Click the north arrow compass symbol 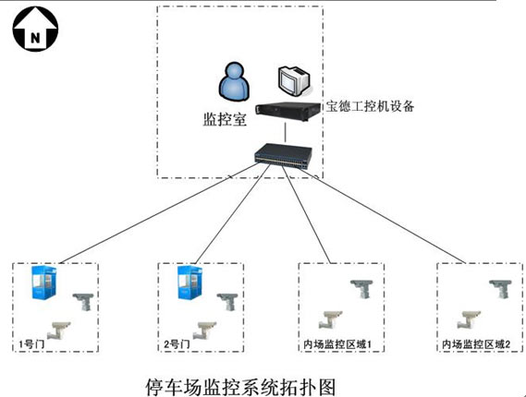[35, 29]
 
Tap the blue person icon [234, 82]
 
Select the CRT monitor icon [294, 80]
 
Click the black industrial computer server [287, 112]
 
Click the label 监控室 [225, 119]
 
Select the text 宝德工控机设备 [370, 106]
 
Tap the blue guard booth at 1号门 [43, 283]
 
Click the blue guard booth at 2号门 [190, 283]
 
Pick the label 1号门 [31, 344]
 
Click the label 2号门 [177, 344]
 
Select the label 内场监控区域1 [337, 344]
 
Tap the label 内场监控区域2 [476, 344]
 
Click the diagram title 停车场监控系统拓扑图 [241, 387]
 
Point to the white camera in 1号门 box [59, 331]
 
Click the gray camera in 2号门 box [227, 301]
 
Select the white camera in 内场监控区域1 [330, 319]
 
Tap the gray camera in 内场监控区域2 [500, 289]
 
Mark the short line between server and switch [286, 133]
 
